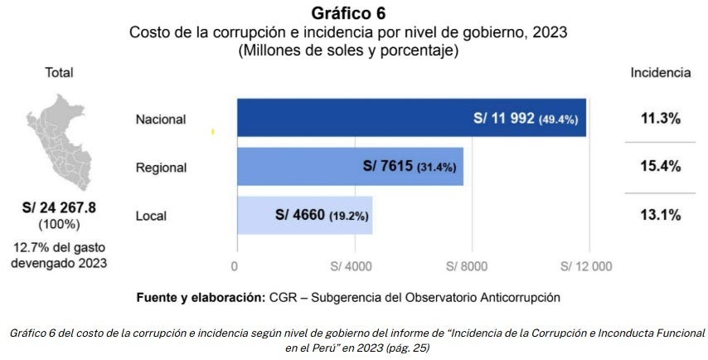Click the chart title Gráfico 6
coord(348,13)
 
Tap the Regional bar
coord(298,167)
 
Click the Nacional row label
coord(161,119)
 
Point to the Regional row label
coord(161,168)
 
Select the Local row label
coord(151,216)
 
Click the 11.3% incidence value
coord(660,119)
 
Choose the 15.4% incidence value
coord(660,167)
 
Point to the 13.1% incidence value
coord(660,215)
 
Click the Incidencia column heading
coord(660,72)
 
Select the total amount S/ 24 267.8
coord(59,208)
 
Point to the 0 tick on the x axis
coord(235,266)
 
